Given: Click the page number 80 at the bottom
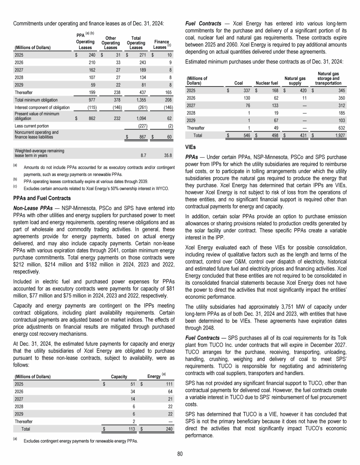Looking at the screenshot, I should pyautogui.click(x=180, y=452).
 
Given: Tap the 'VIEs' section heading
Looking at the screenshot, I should pyautogui.click(x=191, y=146).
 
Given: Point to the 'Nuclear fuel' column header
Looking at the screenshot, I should pyautogui.click(x=267, y=83).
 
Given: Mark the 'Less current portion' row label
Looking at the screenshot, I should pyautogui.click(x=31, y=125).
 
